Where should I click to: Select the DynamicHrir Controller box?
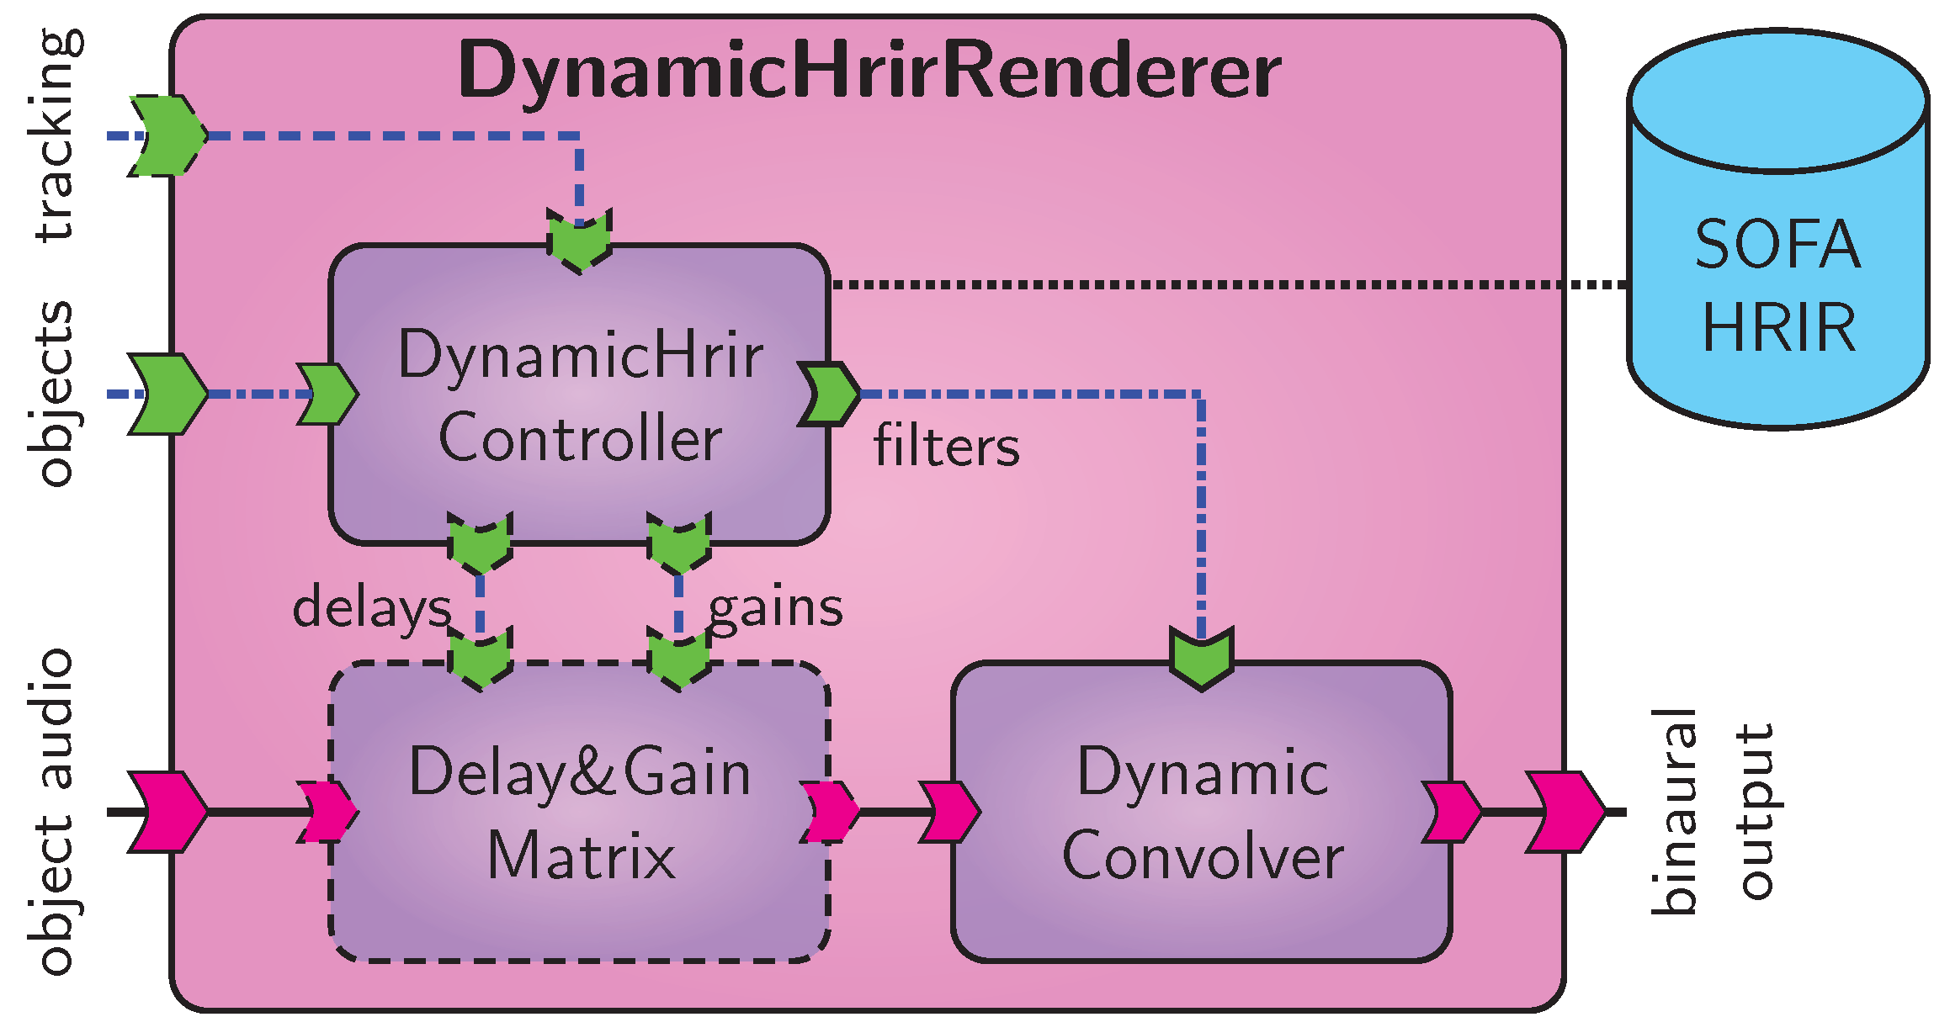point(579,395)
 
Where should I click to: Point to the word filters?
point(946,446)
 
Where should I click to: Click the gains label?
point(775,607)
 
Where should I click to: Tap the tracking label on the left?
point(57,135)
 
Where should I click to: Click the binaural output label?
point(1713,812)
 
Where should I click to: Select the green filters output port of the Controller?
point(829,394)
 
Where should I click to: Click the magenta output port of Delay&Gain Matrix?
point(829,812)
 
